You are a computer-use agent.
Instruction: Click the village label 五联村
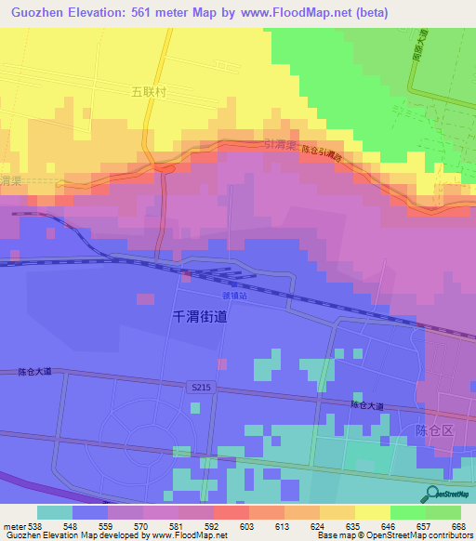[147, 95]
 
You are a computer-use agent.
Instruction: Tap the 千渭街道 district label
[201, 316]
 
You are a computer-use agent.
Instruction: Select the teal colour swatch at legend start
[55, 512]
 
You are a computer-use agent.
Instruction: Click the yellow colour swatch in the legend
[372, 512]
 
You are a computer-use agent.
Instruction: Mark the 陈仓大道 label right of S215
[366, 406]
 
